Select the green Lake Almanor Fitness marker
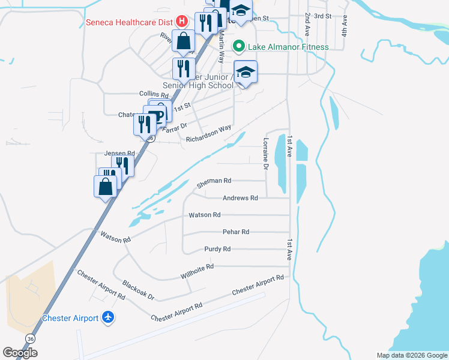click(238, 46)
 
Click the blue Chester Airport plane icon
click(108, 317)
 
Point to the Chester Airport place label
click(70, 318)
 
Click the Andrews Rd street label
click(240, 198)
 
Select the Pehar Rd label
click(236, 232)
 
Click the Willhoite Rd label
click(197, 272)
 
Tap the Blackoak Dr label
click(138, 290)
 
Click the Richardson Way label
click(208, 133)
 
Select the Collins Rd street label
click(154, 94)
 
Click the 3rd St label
click(322, 16)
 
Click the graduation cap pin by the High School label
click(245, 73)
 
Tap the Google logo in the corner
click(20, 353)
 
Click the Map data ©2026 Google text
click(411, 355)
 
